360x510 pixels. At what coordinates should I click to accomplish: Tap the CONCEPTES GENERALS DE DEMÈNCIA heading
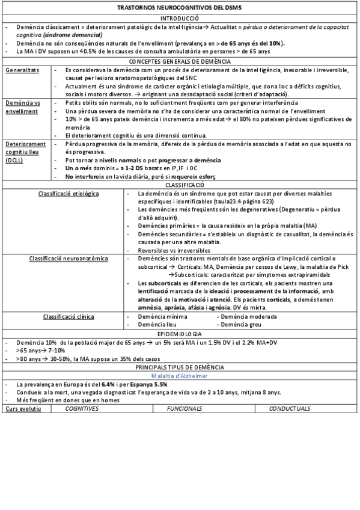pyautogui.click(x=180, y=62)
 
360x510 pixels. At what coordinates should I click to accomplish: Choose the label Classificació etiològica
pyautogui.click(x=69, y=194)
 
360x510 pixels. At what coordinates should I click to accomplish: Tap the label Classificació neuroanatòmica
pyautogui.click(x=69, y=258)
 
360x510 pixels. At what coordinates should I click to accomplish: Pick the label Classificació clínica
pyautogui.click(x=69, y=316)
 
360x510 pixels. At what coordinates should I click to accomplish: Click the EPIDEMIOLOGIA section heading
pyautogui.click(x=180, y=333)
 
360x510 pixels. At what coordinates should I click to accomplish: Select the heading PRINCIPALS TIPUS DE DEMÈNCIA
pyautogui.click(x=180, y=367)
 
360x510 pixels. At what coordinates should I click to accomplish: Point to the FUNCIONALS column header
pyautogui.click(x=185, y=408)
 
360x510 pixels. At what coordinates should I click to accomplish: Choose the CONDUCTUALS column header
pyautogui.click(x=290, y=408)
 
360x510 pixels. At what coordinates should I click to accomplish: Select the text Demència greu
pyautogui.click(x=239, y=324)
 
